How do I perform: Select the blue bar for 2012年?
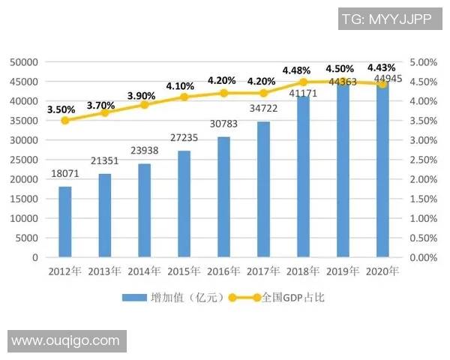coord(65,222)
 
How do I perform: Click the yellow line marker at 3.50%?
coord(65,120)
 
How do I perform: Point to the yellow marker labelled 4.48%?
coord(304,82)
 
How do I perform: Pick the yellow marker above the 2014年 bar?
coord(145,104)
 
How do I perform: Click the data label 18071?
coord(65,174)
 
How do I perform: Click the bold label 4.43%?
coord(381,67)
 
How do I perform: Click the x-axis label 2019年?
coord(343,271)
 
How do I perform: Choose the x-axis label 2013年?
coord(105,271)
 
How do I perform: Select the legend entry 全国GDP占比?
coord(293,298)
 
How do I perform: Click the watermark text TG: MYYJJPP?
coord(385,19)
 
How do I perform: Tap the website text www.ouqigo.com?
coord(65,340)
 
